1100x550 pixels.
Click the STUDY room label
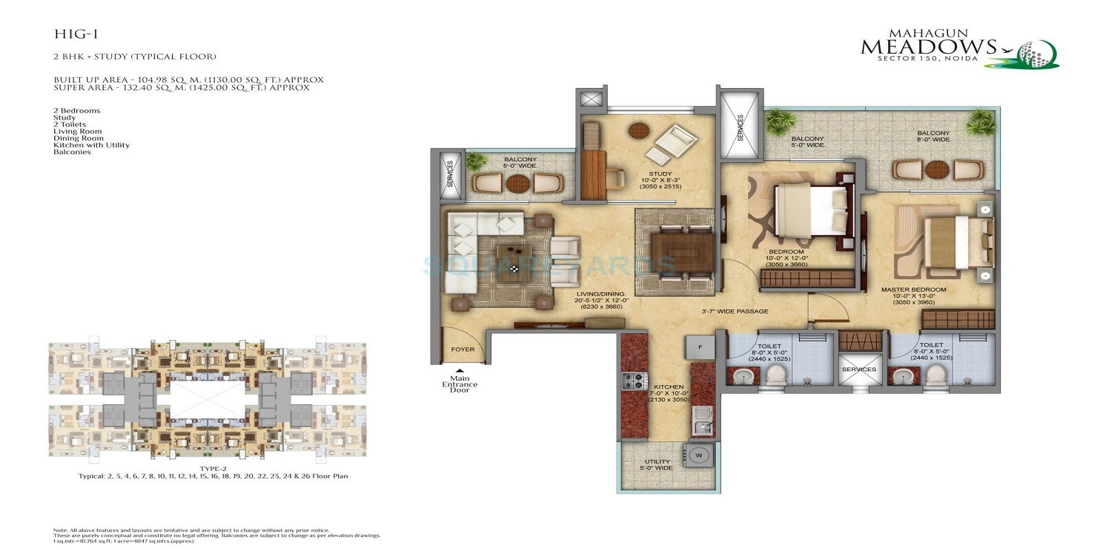[660, 174]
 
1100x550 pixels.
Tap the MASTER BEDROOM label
[913, 290]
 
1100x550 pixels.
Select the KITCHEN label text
[669, 387]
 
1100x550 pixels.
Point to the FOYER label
[463, 349]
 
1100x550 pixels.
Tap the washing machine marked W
[698, 454]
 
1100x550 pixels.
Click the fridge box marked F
[701, 347]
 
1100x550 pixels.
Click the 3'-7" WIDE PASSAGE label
[734, 311]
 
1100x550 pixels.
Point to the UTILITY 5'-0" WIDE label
[657, 465]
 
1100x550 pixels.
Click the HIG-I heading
[71, 34]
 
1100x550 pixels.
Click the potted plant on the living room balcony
[475, 162]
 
